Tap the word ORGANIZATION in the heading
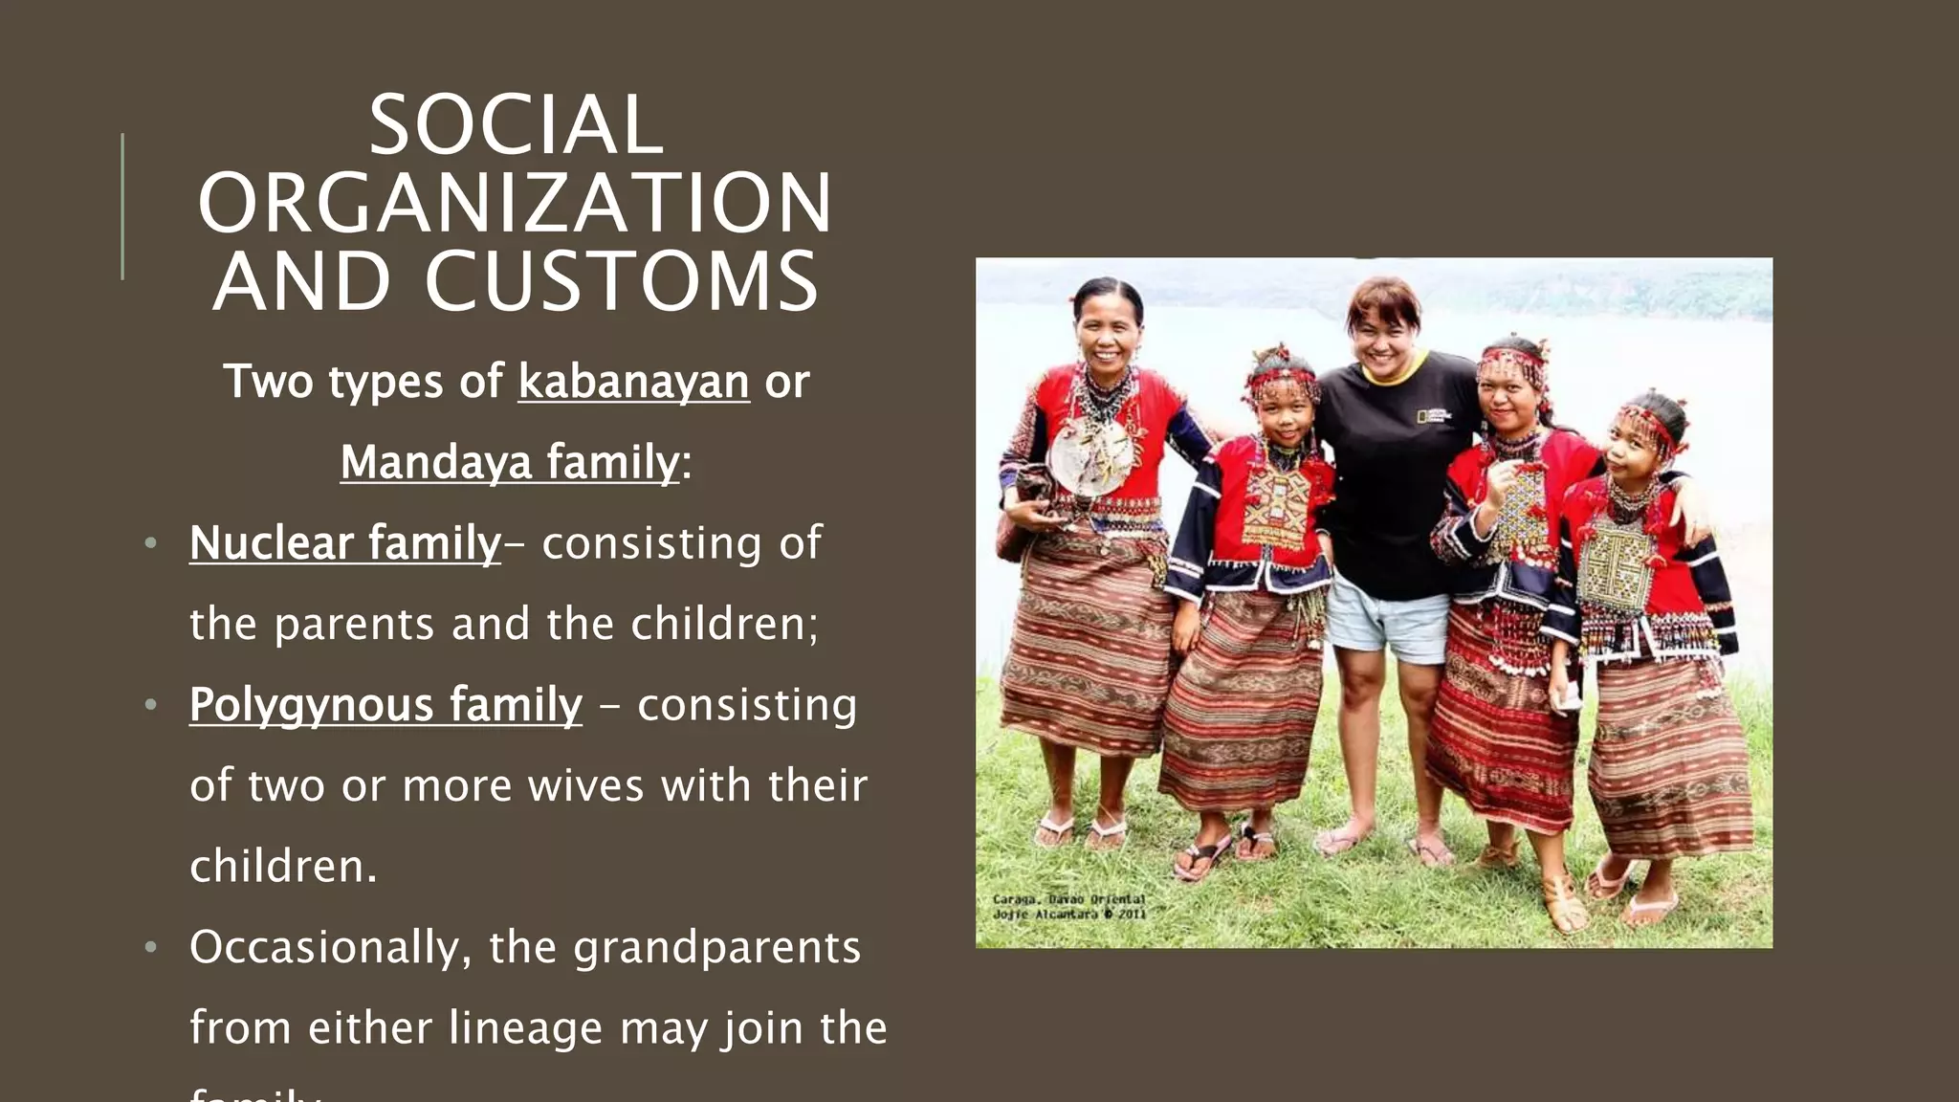pos(516,203)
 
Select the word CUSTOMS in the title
pos(622,281)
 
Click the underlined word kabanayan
pos(633,382)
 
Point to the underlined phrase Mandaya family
pos(510,462)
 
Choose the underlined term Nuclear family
pos(345,543)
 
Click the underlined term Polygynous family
pos(385,705)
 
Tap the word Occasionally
pos(331,947)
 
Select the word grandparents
pos(717,947)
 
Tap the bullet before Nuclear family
pos(150,544)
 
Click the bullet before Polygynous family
pos(150,706)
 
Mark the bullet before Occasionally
pos(150,948)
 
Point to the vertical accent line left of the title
pos(122,206)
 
